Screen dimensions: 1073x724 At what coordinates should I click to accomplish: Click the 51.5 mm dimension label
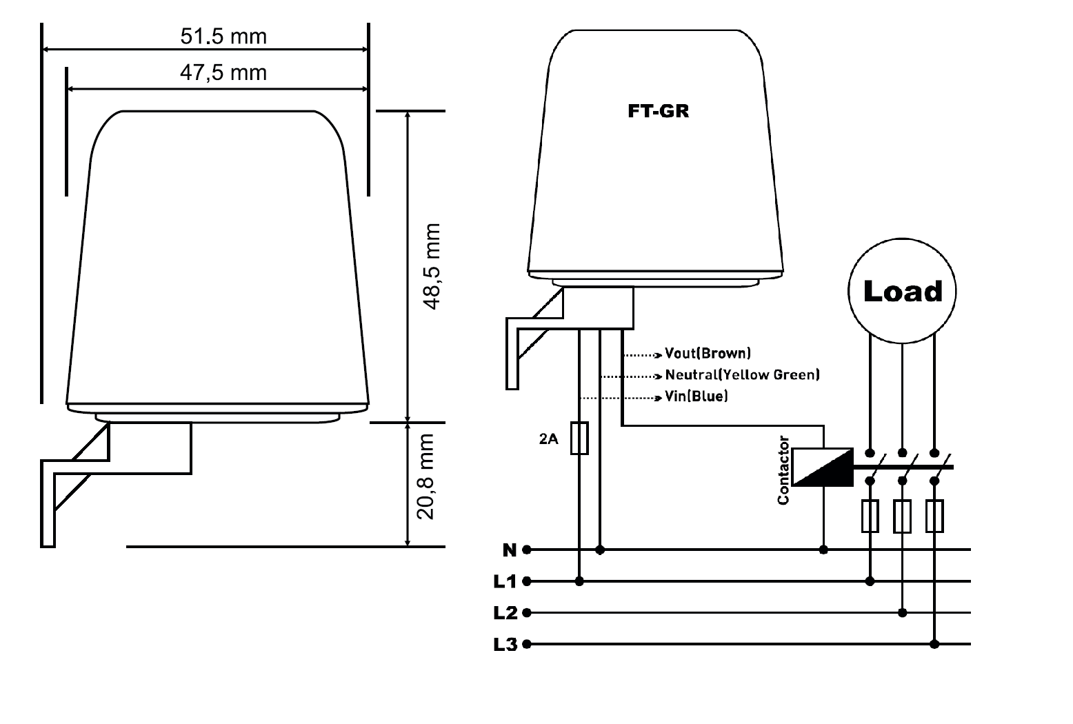223,37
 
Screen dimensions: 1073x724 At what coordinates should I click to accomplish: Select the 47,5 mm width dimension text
223,73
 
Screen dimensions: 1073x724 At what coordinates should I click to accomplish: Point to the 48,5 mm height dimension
432,267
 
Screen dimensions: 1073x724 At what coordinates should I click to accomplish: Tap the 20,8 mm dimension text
425,476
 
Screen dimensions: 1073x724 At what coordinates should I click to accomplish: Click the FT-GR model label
658,111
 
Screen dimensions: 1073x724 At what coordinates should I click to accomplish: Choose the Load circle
902,291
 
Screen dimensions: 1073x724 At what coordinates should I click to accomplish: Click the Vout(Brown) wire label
708,353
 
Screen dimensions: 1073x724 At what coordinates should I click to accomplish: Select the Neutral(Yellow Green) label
743,374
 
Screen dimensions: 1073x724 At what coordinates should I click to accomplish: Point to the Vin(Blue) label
696,396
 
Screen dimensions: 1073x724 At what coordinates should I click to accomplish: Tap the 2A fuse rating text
548,439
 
